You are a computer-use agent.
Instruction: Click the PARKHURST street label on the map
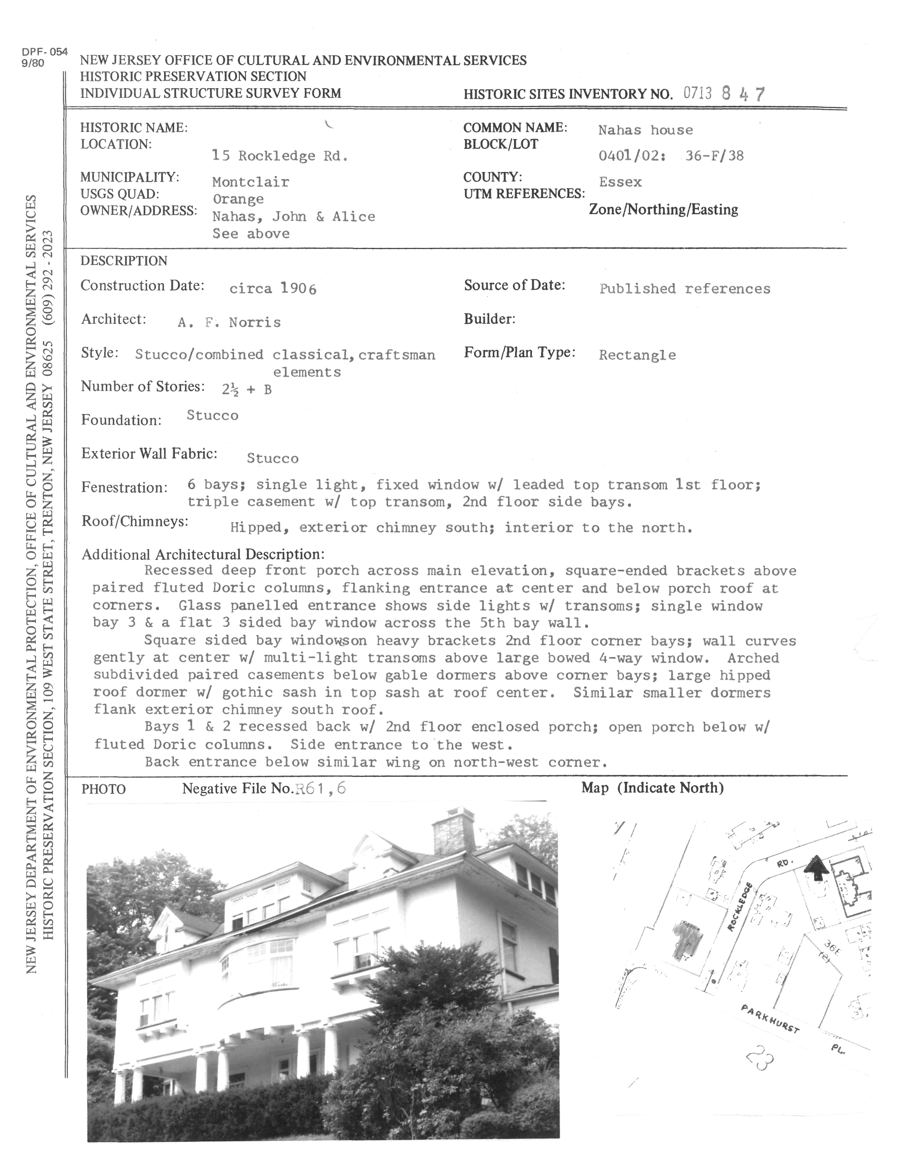pyautogui.click(x=770, y=1018)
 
